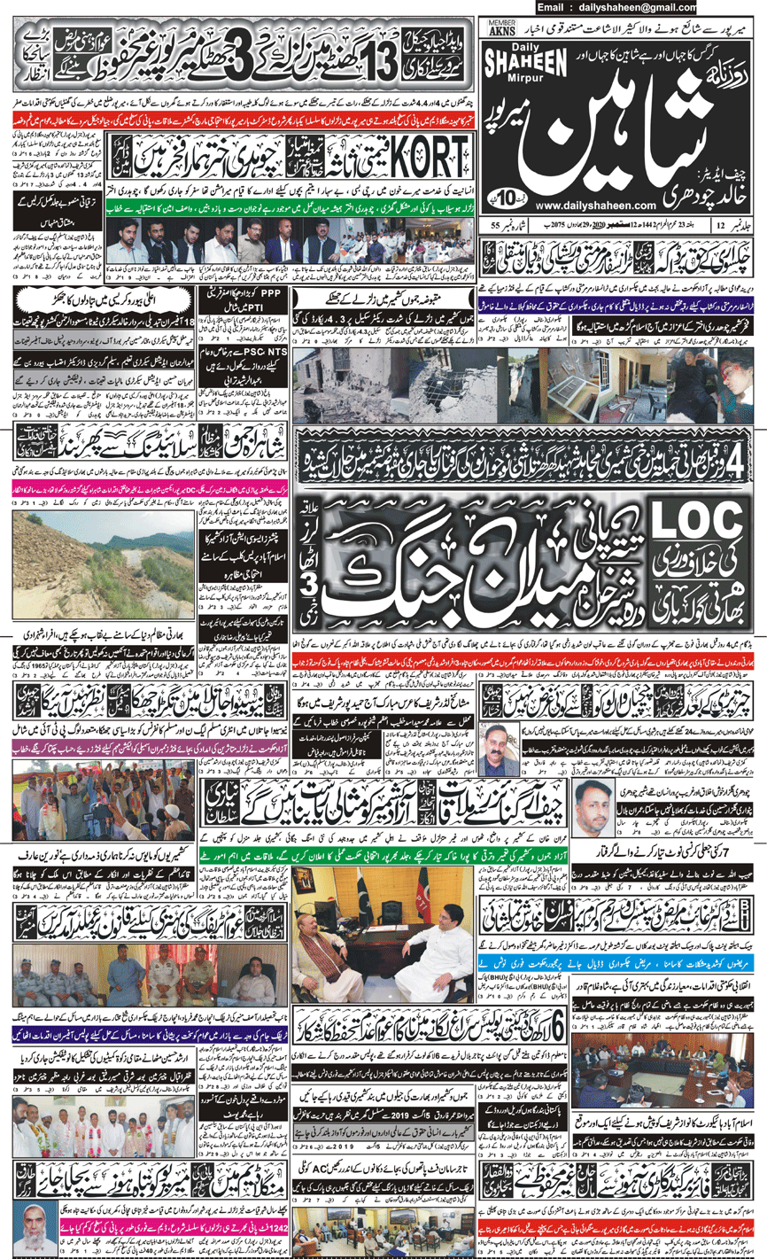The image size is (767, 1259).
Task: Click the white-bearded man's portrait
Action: point(30,1222)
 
